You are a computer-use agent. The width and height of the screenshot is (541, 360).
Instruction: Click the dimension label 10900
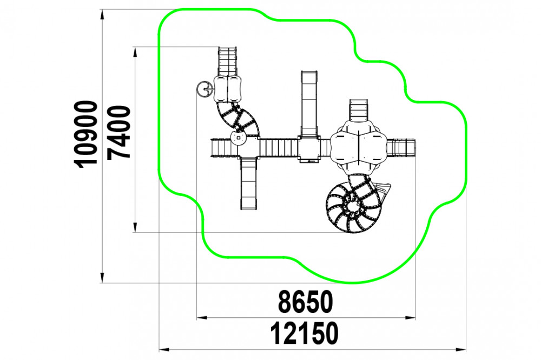pyautogui.click(x=86, y=135)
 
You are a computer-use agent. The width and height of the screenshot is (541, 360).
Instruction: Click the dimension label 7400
pyautogui.click(x=118, y=132)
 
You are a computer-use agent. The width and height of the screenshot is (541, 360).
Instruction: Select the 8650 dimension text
pyautogui.click(x=306, y=302)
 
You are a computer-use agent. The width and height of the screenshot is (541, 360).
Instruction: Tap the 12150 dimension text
pyautogui.click(x=304, y=334)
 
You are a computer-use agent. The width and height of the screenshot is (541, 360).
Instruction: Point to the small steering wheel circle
pyautogui.click(x=203, y=90)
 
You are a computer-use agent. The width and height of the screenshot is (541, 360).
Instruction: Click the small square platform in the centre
pyautogui.click(x=309, y=149)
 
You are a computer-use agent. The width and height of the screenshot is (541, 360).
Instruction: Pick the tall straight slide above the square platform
pyautogui.click(x=309, y=103)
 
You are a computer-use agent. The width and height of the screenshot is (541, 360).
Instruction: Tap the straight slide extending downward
pyautogui.click(x=249, y=183)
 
